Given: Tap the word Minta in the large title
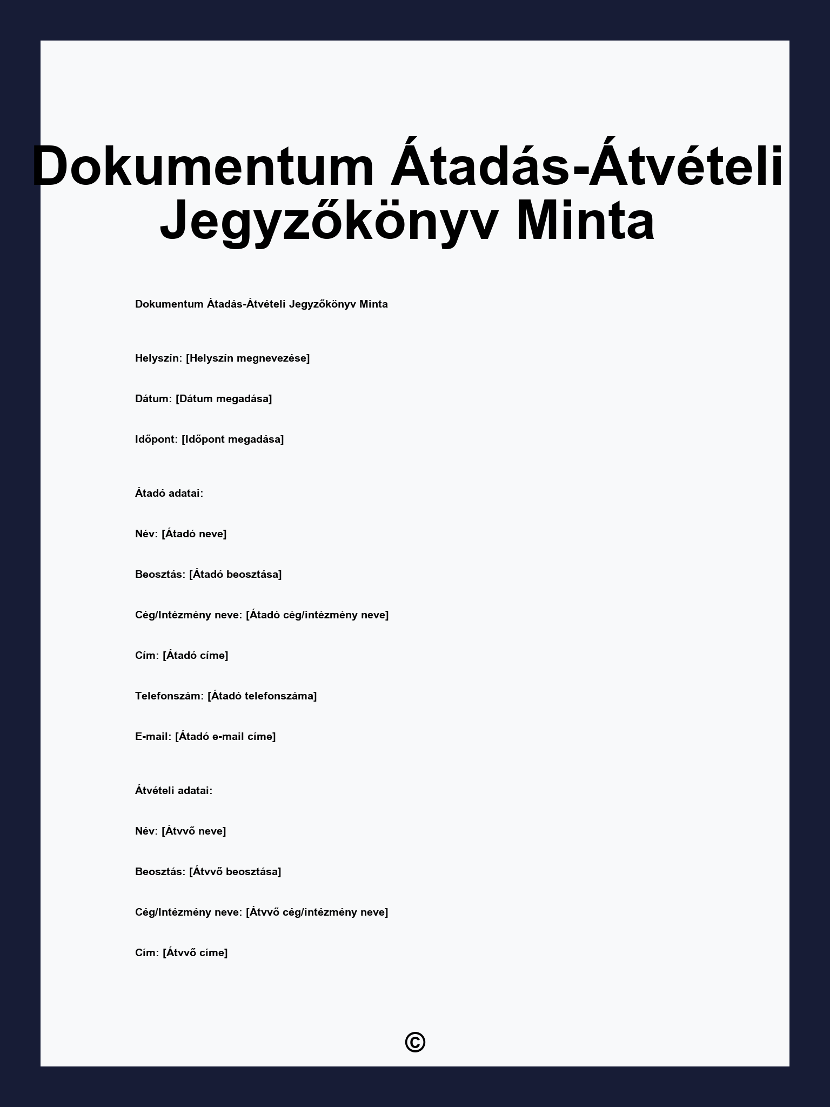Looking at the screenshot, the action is tap(585, 221).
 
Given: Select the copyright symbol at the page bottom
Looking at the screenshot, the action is tap(415, 1042).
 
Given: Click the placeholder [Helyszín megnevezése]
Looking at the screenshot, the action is tap(247, 358).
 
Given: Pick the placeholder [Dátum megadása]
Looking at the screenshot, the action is tap(224, 399).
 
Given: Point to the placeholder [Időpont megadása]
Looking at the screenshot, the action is tap(232, 439).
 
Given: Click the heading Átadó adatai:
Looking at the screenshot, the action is tap(169, 494).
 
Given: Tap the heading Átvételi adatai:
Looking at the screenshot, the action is tap(173, 791).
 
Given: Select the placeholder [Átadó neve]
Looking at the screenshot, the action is tap(194, 534).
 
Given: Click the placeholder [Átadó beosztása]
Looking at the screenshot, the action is tap(235, 575).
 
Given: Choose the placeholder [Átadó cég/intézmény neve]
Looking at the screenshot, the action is tap(317, 615).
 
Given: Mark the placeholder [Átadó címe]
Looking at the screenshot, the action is tap(195, 656).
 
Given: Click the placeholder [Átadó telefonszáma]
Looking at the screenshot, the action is tap(262, 696).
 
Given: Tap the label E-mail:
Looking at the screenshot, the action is tap(153, 737).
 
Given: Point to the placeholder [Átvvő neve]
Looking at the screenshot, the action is tap(193, 831).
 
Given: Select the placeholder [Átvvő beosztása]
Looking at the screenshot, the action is tap(235, 872).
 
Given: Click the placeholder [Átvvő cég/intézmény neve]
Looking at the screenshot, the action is tap(317, 912).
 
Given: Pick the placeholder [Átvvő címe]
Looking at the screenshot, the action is tap(195, 953).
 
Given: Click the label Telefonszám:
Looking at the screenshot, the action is tap(169, 696).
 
